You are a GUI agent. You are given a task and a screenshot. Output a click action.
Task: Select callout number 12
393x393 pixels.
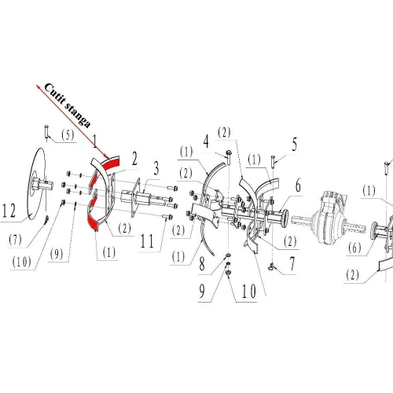9,211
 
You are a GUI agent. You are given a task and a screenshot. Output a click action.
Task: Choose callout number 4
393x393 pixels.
205,142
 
